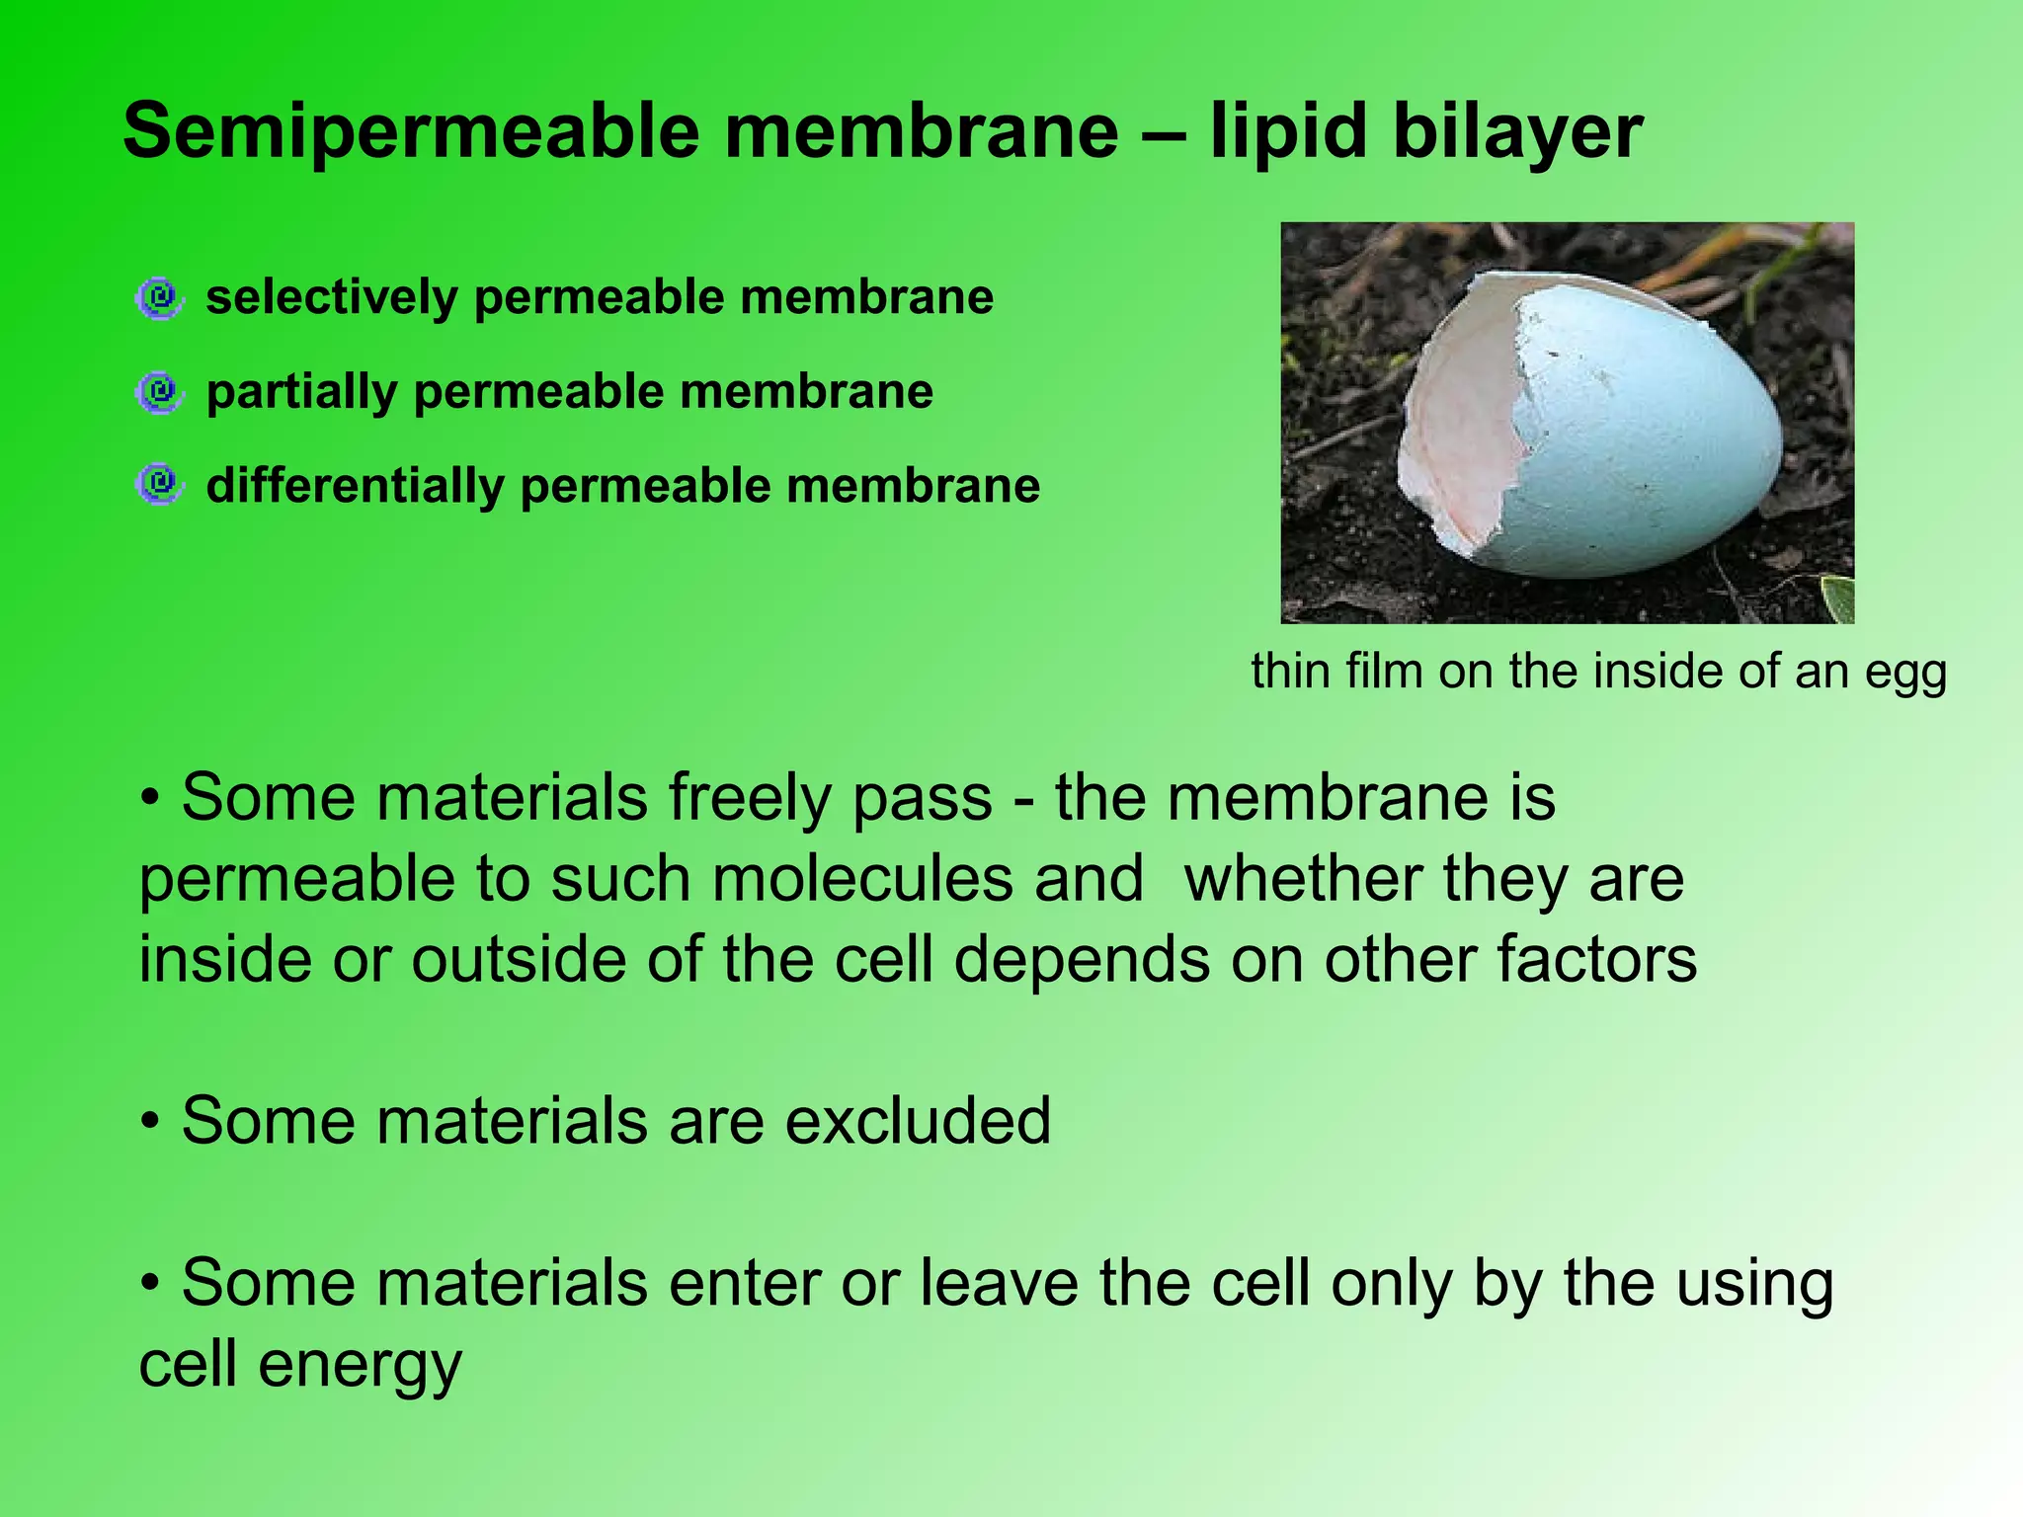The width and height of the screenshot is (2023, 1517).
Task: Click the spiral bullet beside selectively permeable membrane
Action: click(x=159, y=297)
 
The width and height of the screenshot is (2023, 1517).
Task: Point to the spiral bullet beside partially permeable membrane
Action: click(x=159, y=392)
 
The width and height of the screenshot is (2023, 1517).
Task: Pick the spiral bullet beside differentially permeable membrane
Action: click(x=159, y=485)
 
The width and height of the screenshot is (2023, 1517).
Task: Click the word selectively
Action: click(x=332, y=297)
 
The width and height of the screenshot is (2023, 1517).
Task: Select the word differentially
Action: click(x=355, y=486)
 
